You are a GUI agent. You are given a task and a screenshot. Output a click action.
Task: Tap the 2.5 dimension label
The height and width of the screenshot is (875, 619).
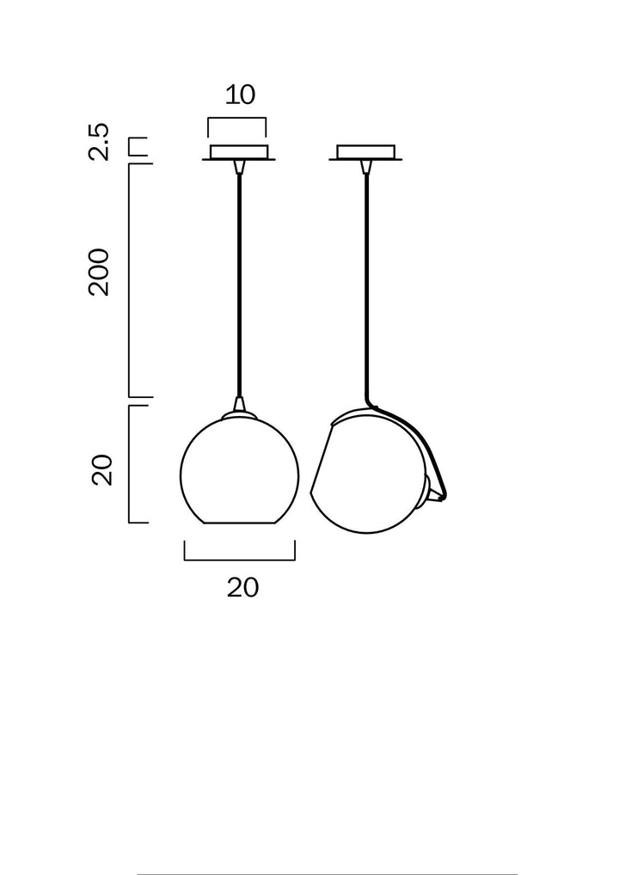101,142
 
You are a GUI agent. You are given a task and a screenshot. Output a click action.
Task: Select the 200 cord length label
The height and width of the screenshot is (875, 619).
101,272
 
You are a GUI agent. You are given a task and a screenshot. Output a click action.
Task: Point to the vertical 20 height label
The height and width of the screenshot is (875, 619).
103,470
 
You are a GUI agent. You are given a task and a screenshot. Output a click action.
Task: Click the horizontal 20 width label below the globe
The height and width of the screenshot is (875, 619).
242,588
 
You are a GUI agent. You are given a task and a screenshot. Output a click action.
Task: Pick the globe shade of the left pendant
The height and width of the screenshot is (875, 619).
239,473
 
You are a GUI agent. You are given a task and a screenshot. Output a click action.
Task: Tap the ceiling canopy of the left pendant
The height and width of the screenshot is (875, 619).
238,153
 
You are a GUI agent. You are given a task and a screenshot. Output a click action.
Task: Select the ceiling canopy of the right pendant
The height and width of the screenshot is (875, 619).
365,153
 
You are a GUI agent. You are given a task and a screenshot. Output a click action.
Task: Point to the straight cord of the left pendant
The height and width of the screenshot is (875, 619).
238,284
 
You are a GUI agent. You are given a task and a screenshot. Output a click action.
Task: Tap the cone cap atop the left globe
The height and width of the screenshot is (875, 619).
238,405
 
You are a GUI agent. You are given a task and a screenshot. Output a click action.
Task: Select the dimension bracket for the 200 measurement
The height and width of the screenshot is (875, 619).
131,279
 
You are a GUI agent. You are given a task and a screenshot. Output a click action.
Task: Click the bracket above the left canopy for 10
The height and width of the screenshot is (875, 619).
236,120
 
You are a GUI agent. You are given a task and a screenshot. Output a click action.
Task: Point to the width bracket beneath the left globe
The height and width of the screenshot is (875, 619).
240,559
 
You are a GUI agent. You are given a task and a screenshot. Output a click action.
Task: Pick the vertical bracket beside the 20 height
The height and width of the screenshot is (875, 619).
131,464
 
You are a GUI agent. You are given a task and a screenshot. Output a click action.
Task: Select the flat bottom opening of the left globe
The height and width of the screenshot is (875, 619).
239,523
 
